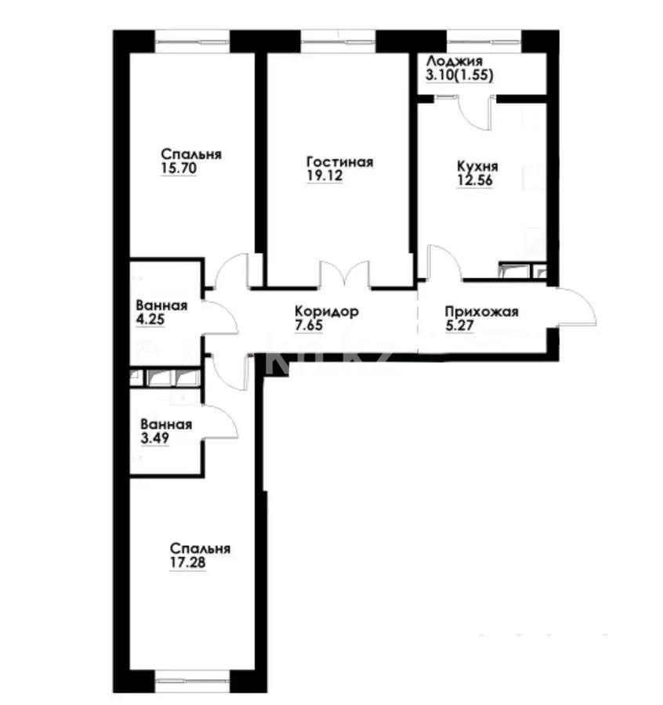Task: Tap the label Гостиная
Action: click(339, 162)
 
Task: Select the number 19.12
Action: click(324, 176)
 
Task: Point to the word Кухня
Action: click(477, 167)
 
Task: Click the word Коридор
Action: click(328, 311)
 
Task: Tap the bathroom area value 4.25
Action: click(150, 320)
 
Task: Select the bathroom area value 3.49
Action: click(150, 439)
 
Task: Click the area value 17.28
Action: click(188, 562)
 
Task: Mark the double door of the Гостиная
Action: click(345, 274)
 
